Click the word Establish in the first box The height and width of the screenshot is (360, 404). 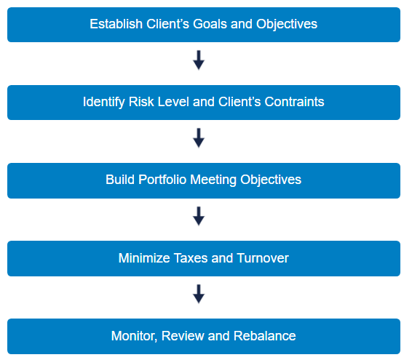pyautogui.click(x=114, y=24)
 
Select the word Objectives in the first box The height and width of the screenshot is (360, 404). pyautogui.click(x=287, y=24)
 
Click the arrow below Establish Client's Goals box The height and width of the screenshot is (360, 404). pyautogui.click(x=199, y=60)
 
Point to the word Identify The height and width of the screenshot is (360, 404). pyautogui.click(x=103, y=102)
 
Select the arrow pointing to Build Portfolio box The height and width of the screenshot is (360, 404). pyautogui.click(x=199, y=138)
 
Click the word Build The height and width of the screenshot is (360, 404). pyautogui.click(x=119, y=180)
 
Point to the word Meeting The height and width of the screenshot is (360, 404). pyautogui.click(x=214, y=180)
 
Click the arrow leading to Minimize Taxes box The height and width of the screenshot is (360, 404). pyautogui.click(x=199, y=216)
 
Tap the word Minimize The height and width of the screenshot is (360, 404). pyautogui.click(x=143, y=258)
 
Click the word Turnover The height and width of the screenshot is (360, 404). pyautogui.click(x=262, y=258)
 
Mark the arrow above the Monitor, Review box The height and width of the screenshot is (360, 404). pyautogui.click(x=199, y=294)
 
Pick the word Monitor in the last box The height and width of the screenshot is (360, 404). pyautogui.click(x=133, y=336)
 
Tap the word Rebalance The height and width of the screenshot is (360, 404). pyautogui.click(x=265, y=336)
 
